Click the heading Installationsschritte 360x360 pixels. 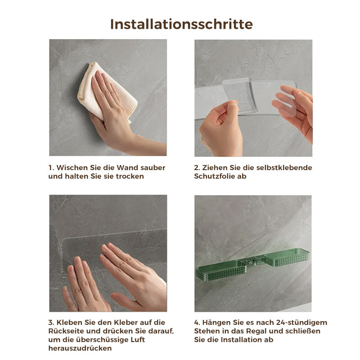tap(181, 24)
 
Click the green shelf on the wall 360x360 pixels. tap(252, 266)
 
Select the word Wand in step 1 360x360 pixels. tap(126, 167)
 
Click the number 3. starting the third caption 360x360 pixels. tap(51, 323)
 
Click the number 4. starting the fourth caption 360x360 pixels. tap(197, 323)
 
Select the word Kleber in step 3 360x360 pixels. tap(119, 323)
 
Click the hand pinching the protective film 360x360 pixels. tap(220, 126)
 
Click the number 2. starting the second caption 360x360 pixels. tap(197, 167)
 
